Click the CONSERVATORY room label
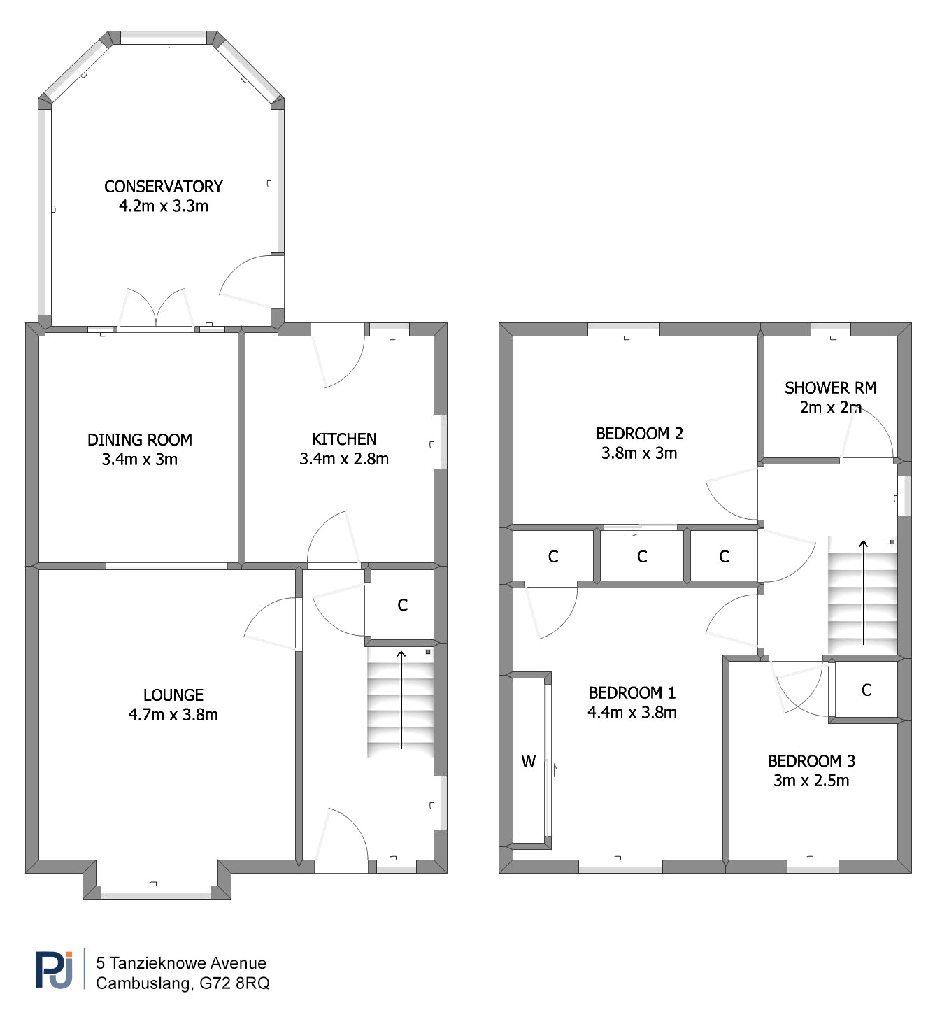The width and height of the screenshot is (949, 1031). pos(164,186)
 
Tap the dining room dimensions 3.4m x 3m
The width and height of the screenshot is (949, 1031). pos(140,459)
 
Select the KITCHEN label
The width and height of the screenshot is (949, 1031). pos(345,439)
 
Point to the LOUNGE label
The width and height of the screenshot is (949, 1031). pos(173,695)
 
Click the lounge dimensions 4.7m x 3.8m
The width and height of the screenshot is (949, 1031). pos(173,714)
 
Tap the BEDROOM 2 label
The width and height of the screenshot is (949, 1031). pos(639,433)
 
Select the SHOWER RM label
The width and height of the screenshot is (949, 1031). pos(831,387)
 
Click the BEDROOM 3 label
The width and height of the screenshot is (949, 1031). pos(811,760)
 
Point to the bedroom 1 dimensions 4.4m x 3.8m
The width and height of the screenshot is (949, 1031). pos(632,712)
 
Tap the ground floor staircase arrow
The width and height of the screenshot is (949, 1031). pos(401,699)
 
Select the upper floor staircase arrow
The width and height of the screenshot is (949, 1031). pos(864,592)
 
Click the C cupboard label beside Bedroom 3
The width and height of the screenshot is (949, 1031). pos(866,690)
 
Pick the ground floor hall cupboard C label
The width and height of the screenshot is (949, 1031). pos(403,605)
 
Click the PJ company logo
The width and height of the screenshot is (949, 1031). pos(54,970)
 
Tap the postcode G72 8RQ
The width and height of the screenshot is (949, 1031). pos(234,983)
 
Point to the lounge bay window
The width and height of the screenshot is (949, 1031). pos(156,892)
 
